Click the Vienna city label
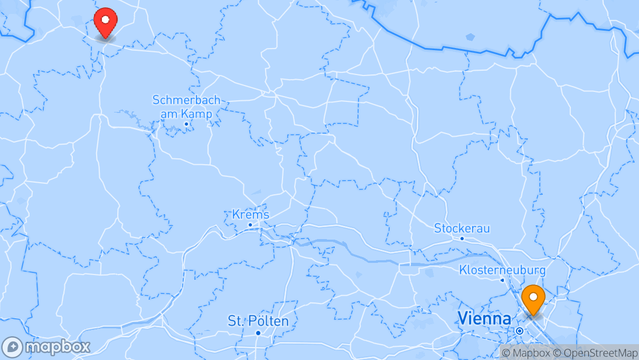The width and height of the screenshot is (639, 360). [484, 318]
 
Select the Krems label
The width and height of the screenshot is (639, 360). [250, 214]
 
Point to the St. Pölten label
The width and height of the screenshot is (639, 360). [258, 320]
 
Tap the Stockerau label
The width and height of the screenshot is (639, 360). [462, 228]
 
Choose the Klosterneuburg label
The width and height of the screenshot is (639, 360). [502, 270]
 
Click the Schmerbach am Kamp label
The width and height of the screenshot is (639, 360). [186, 107]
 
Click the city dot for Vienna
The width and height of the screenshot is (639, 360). [520, 331]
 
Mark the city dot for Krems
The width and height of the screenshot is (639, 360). [250, 225]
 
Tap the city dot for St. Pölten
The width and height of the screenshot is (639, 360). [258, 333]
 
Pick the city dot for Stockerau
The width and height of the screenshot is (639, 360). [462, 238]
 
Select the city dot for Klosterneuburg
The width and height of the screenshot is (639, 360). [502, 280]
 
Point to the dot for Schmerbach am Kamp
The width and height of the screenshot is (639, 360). [186, 124]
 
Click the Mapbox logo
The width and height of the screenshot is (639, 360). [46, 347]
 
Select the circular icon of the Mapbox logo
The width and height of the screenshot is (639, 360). [12, 347]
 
